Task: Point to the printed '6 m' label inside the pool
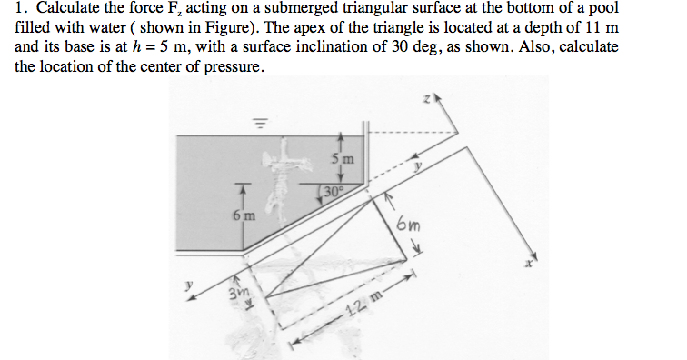point(243,216)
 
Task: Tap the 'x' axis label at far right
point(527,265)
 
